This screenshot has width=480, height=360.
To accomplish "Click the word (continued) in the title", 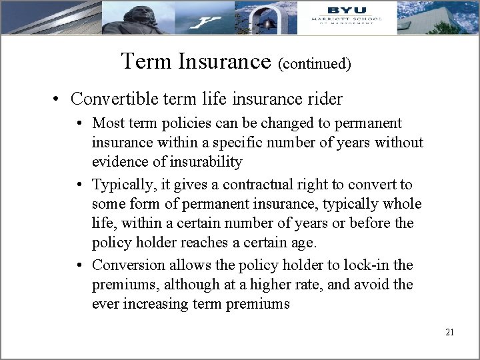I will [x=315, y=64].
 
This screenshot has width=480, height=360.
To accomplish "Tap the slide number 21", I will [x=449, y=332].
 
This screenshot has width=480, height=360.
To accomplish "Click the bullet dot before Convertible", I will [x=59, y=100].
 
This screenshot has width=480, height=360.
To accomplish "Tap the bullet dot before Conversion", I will [x=79, y=265].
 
